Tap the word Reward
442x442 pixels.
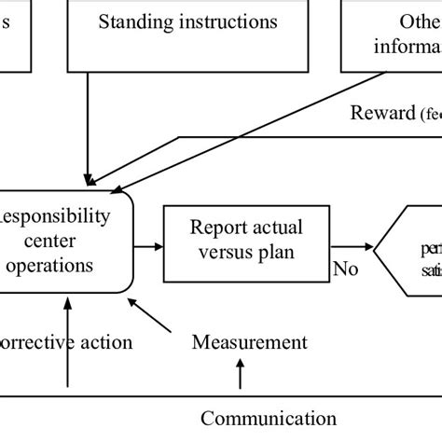coord(380,114)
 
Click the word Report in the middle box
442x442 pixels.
coord(216,227)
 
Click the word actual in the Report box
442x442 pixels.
coord(276,227)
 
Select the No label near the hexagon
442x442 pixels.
coord(346,270)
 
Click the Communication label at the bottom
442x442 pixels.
coord(269,418)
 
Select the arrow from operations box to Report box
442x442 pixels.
coord(147,246)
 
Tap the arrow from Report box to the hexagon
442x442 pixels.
coord(352,248)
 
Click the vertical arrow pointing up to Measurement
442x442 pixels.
coord(240,375)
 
